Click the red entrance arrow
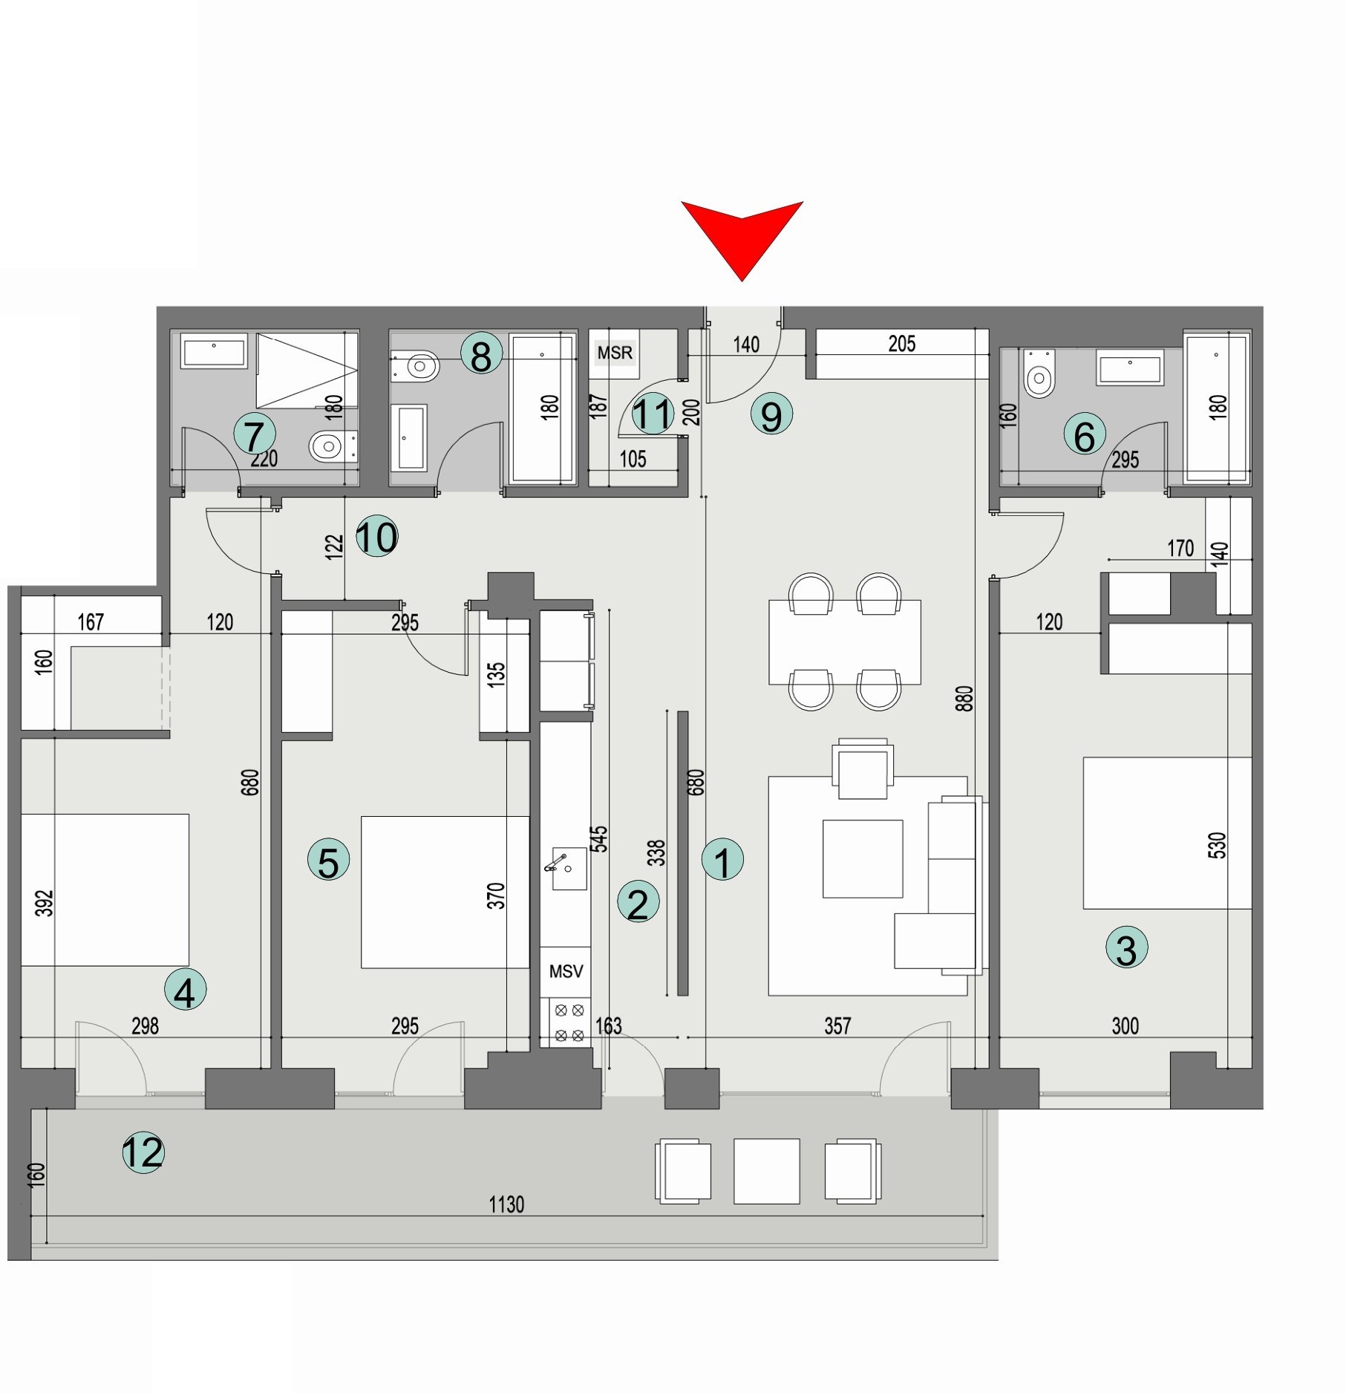(x=742, y=234)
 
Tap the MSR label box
(x=615, y=353)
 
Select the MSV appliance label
(x=566, y=971)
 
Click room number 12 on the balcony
(x=143, y=1152)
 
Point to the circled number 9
(x=771, y=414)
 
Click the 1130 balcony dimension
(x=506, y=1204)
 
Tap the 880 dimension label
(x=964, y=699)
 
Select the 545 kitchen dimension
(x=599, y=838)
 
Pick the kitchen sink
(x=567, y=867)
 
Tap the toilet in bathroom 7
(x=330, y=446)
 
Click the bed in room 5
(x=445, y=892)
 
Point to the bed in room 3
(x=1167, y=832)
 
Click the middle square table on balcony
(x=766, y=1171)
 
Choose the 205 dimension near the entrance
(x=901, y=344)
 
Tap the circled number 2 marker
(x=638, y=902)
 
